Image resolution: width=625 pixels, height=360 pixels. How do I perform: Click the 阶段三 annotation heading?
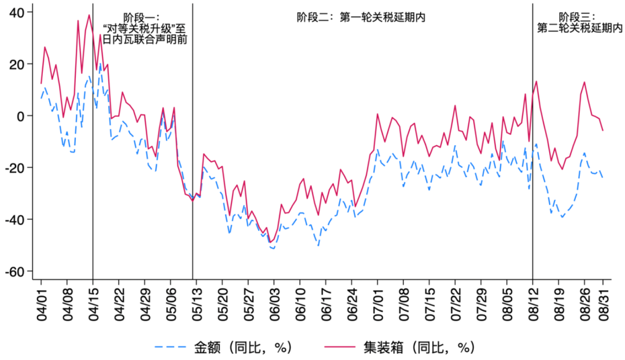576,17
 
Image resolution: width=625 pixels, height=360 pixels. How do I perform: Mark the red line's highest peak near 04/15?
89,15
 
